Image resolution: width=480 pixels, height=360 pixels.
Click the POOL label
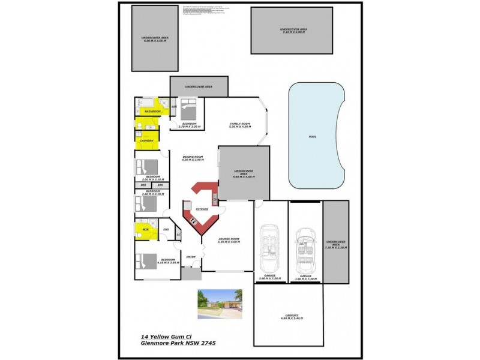312,137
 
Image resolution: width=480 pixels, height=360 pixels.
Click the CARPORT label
292,315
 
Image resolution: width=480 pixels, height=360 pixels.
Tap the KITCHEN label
202,209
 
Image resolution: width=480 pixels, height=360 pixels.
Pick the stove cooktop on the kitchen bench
194,220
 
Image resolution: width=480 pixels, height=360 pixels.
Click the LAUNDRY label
147,140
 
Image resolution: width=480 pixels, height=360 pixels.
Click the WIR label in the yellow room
145,229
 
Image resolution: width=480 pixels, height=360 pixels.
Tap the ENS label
166,229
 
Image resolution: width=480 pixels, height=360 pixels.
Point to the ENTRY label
191,257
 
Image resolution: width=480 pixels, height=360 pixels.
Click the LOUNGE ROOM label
230,239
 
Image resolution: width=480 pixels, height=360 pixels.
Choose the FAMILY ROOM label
239,124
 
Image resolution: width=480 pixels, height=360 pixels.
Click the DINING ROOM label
193,157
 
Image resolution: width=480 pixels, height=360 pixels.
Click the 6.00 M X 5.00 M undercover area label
155,41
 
